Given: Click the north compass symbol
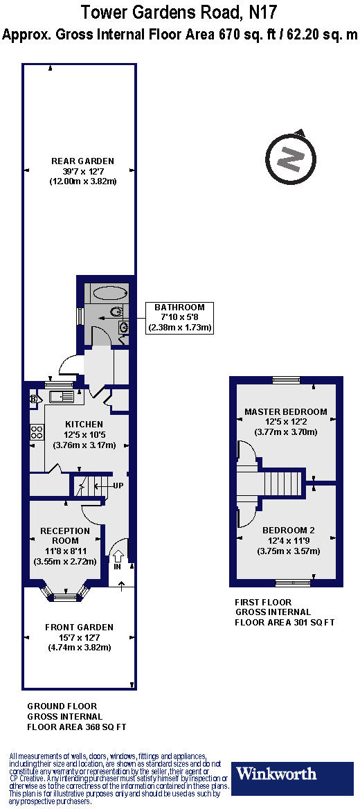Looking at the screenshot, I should [x=291, y=158].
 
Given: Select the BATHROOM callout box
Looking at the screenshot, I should [x=179, y=317].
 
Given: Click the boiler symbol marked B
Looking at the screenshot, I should [x=33, y=400].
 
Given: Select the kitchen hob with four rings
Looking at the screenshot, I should [x=36, y=434].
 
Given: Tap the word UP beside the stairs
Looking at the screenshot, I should [x=118, y=486].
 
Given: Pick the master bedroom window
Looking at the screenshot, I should [x=285, y=379].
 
